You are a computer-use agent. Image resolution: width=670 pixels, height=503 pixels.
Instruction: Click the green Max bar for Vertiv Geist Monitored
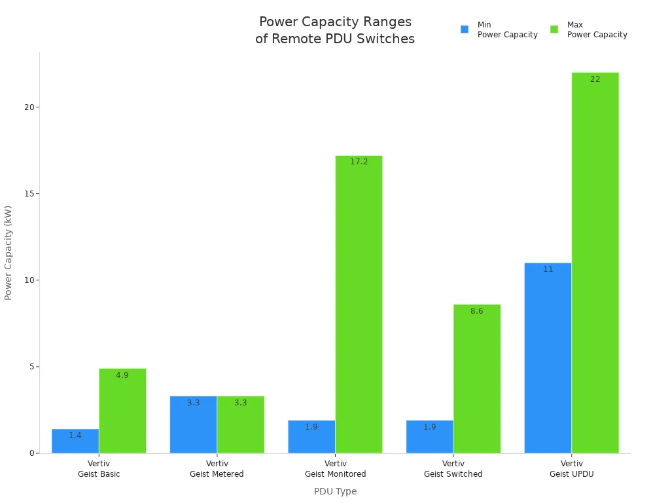359,305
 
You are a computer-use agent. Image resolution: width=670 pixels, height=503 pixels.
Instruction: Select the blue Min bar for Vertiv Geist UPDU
548,358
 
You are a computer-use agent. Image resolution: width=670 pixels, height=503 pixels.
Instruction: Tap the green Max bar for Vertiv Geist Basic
122,411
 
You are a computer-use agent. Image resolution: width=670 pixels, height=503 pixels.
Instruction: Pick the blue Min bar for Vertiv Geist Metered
193,424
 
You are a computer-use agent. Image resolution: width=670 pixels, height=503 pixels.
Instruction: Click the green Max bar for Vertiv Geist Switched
476,379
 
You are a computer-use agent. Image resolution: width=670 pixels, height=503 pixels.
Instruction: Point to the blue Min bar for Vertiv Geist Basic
75,441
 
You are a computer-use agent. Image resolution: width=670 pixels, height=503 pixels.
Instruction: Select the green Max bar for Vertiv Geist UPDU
595,263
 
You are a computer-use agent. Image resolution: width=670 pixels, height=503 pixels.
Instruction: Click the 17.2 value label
359,162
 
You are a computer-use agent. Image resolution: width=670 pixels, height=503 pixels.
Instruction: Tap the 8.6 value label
476,311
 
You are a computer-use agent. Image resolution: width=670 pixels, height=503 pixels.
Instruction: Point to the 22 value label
595,79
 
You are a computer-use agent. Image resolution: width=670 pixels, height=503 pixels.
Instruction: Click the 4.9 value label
122,375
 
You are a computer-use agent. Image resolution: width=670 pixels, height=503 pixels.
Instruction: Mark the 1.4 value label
75,436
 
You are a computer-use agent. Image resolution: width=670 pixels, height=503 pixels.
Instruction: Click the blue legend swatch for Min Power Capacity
465,29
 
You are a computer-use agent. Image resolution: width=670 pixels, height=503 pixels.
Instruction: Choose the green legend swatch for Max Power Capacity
554,29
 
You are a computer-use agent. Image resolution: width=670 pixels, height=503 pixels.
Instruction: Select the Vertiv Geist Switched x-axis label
453,469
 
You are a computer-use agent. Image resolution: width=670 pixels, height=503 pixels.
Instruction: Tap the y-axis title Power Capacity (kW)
9,253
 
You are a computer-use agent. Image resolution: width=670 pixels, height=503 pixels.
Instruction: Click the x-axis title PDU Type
335,491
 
